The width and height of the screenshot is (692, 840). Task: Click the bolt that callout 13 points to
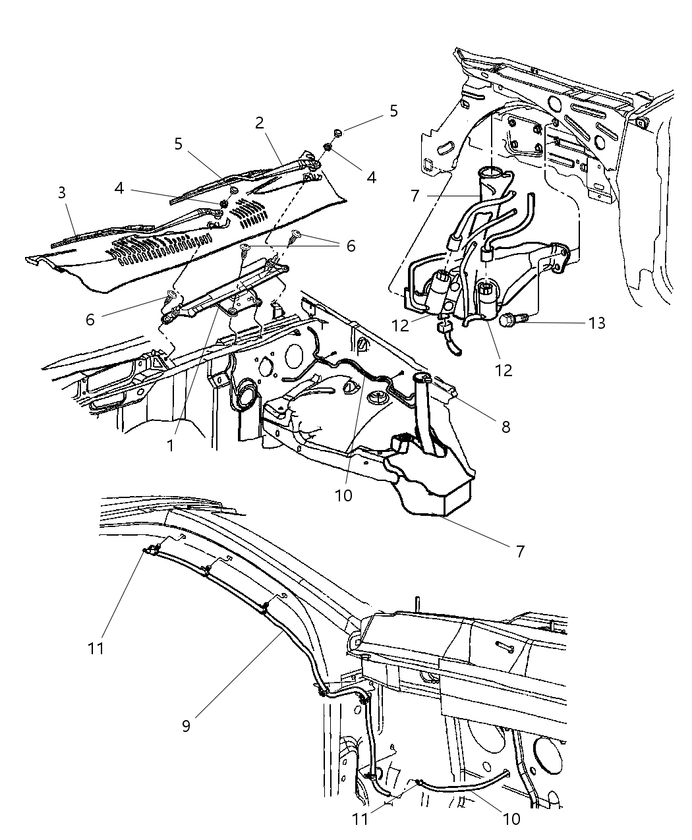(511, 320)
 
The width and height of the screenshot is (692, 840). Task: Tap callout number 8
(505, 426)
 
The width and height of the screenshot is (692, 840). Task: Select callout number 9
(187, 725)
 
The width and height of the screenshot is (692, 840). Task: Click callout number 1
(170, 445)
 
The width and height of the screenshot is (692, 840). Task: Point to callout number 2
(259, 122)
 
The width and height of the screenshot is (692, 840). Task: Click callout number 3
(61, 193)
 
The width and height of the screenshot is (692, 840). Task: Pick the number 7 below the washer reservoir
(520, 551)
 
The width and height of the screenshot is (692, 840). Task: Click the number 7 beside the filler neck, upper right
(415, 196)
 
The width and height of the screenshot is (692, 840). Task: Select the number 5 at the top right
(393, 111)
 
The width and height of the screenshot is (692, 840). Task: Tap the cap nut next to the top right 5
(338, 134)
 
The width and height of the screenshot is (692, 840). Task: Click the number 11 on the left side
(96, 648)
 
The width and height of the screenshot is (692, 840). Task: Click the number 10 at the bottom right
(511, 819)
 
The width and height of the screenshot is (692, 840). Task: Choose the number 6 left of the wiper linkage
(90, 320)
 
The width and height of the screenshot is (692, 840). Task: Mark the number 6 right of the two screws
(350, 246)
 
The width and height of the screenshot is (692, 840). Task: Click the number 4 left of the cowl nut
(119, 188)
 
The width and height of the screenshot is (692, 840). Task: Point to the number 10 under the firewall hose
(344, 495)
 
